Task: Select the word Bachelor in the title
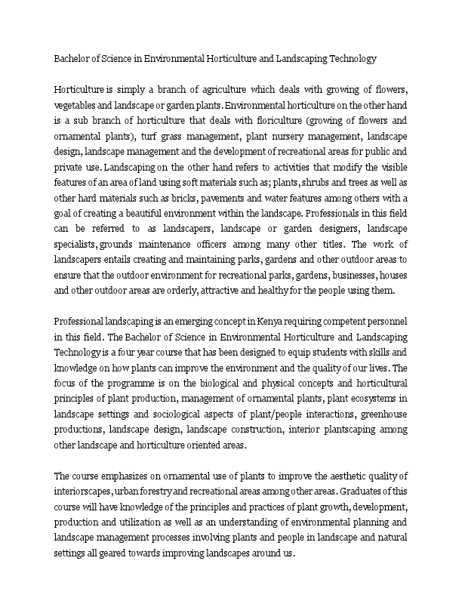[72, 57]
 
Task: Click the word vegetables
[76, 106]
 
